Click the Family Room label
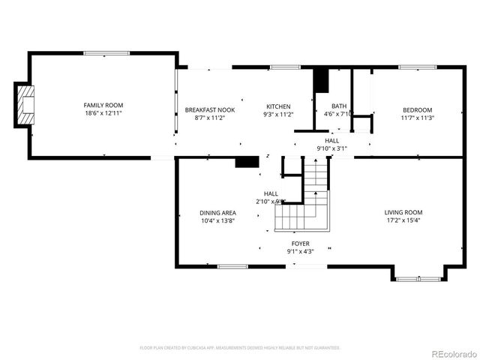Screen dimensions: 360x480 click(103, 105)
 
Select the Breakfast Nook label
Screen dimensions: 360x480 click(210, 109)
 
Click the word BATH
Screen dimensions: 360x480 click(340, 106)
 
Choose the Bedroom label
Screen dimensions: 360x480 click(418, 109)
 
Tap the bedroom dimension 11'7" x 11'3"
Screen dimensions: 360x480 click(418, 118)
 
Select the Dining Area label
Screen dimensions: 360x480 click(217, 212)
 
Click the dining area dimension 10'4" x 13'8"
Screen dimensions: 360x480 click(217, 220)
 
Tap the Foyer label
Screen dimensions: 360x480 click(300, 244)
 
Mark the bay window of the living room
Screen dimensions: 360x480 click(418, 279)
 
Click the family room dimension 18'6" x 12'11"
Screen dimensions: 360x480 click(103, 113)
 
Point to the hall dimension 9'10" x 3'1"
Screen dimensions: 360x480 click(332, 148)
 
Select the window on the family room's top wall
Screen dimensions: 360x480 click(105, 53)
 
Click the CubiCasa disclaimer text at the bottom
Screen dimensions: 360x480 click(240, 348)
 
